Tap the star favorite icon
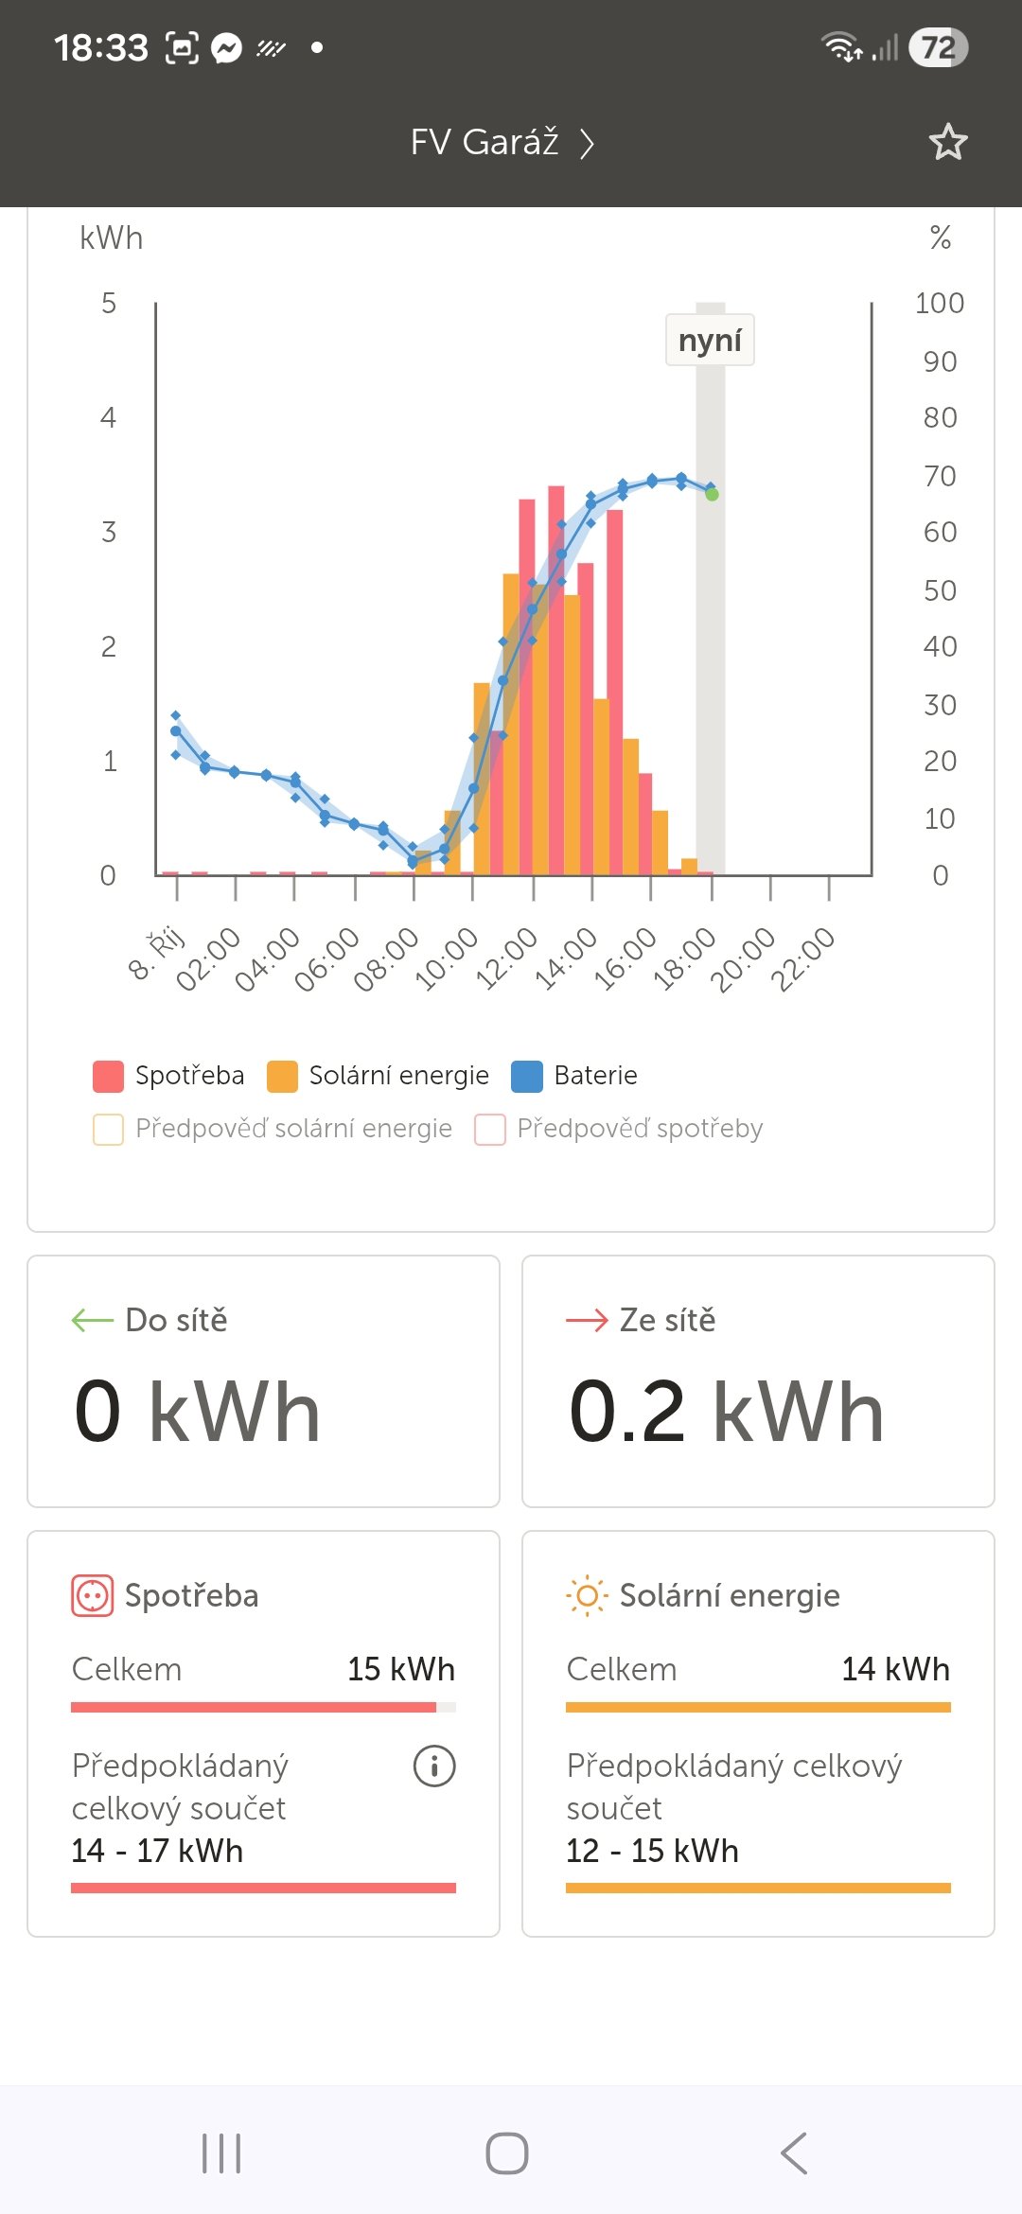click(947, 142)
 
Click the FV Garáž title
click(485, 142)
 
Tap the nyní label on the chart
click(710, 340)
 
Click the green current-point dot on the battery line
click(712, 494)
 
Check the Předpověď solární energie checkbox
click(108, 1129)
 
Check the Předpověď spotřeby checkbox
click(489, 1129)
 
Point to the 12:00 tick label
click(506, 958)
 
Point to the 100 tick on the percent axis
click(939, 303)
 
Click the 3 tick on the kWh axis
click(109, 532)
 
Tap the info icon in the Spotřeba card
click(434, 1766)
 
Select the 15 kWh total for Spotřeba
click(400, 1669)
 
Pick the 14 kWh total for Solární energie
click(895, 1669)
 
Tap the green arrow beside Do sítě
click(93, 1320)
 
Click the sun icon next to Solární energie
click(587, 1596)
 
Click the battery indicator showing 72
click(938, 47)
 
